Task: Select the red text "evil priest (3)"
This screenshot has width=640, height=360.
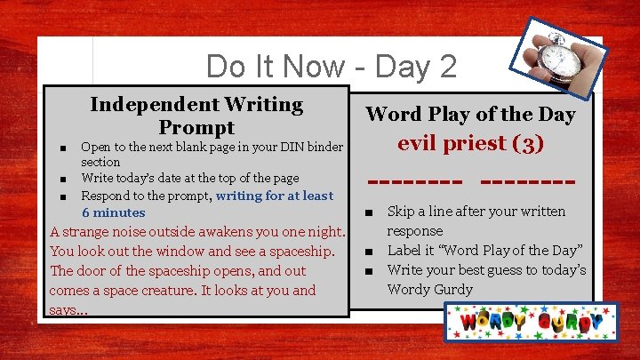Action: pyautogui.click(x=470, y=144)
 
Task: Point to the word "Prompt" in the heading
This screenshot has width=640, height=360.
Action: pyautogui.click(x=196, y=127)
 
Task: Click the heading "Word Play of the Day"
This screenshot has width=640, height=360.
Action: pyautogui.click(x=470, y=115)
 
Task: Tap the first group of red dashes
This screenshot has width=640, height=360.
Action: pyautogui.click(x=414, y=182)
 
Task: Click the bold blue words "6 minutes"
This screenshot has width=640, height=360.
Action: pyautogui.click(x=113, y=212)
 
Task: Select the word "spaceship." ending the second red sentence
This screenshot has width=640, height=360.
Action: pyautogui.click(x=303, y=251)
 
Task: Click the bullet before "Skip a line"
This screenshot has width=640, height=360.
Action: pyautogui.click(x=367, y=212)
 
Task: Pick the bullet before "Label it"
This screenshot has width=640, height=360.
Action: pyautogui.click(x=367, y=251)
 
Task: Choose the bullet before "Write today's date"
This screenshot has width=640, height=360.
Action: pyautogui.click(x=61, y=179)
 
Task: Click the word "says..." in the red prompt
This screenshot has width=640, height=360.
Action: pyautogui.click(x=68, y=309)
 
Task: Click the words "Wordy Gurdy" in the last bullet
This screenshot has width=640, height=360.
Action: pyautogui.click(x=428, y=289)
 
